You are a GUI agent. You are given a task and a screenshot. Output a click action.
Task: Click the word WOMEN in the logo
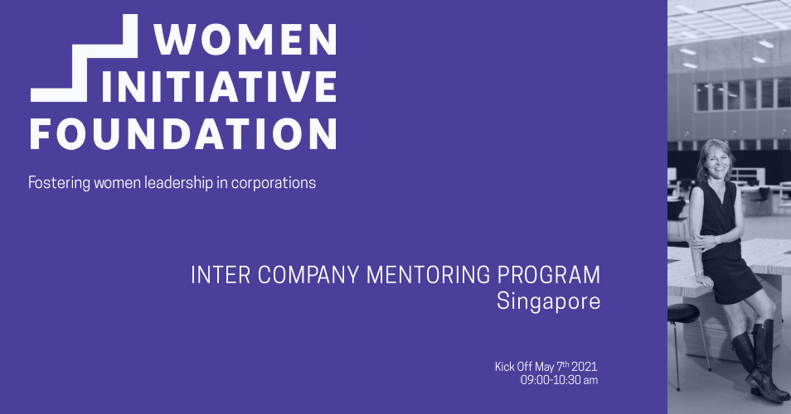pyautogui.click(x=245, y=39)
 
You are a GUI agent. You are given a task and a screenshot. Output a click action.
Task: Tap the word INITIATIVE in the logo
pyautogui.click(x=220, y=87)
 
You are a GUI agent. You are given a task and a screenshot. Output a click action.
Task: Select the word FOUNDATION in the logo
pyautogui.click(x=183, y=134)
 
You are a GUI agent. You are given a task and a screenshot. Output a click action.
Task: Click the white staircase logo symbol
pyautogui.click(x=85, y=58)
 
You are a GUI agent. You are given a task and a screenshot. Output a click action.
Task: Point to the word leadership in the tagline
pyautogui.click(x=178, y=182)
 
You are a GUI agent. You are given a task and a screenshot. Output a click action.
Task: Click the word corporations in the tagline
pyautogui.click(x=274, y=183)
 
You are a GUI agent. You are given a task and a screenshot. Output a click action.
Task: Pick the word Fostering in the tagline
pyautogui.click(x=60, y=183)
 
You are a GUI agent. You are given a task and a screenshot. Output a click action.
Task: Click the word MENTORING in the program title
pyautogui.click(x=429, y=276)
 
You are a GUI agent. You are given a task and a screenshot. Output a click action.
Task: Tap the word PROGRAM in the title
pyautogui.click(x=549, y=276)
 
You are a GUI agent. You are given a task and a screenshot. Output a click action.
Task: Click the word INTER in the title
pyautogui.click(x=221, y=276)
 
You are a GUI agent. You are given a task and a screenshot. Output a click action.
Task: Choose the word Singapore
pyautogui.click(x=548, y=301)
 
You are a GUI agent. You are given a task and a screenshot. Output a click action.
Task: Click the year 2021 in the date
pyautogui.click(x=585, y=367)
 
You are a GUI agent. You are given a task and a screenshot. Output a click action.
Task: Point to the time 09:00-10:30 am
pyautogui.click(x=559, y=380)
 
